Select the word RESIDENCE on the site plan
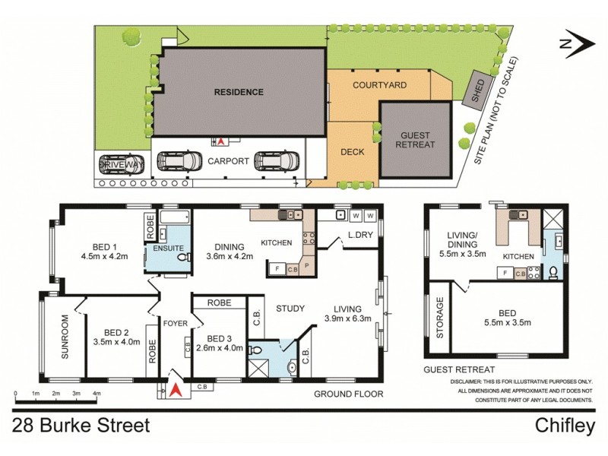tap(238, 92)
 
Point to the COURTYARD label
tap(379, 85)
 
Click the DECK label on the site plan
tap(353, 151)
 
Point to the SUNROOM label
tap(65, 343)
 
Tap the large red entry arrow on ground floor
tap(175, 391)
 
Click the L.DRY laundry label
tap(359, 236)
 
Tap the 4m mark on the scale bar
tap(97, 394)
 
